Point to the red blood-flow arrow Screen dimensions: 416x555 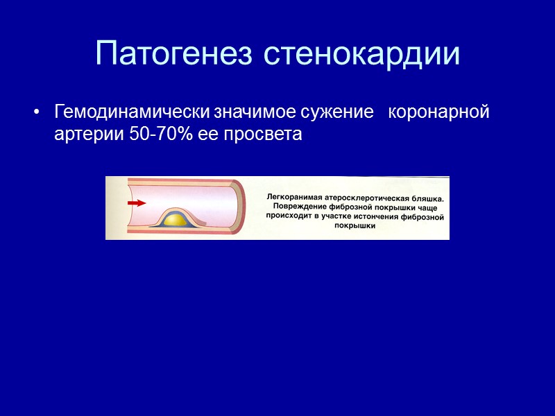[137, 203]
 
